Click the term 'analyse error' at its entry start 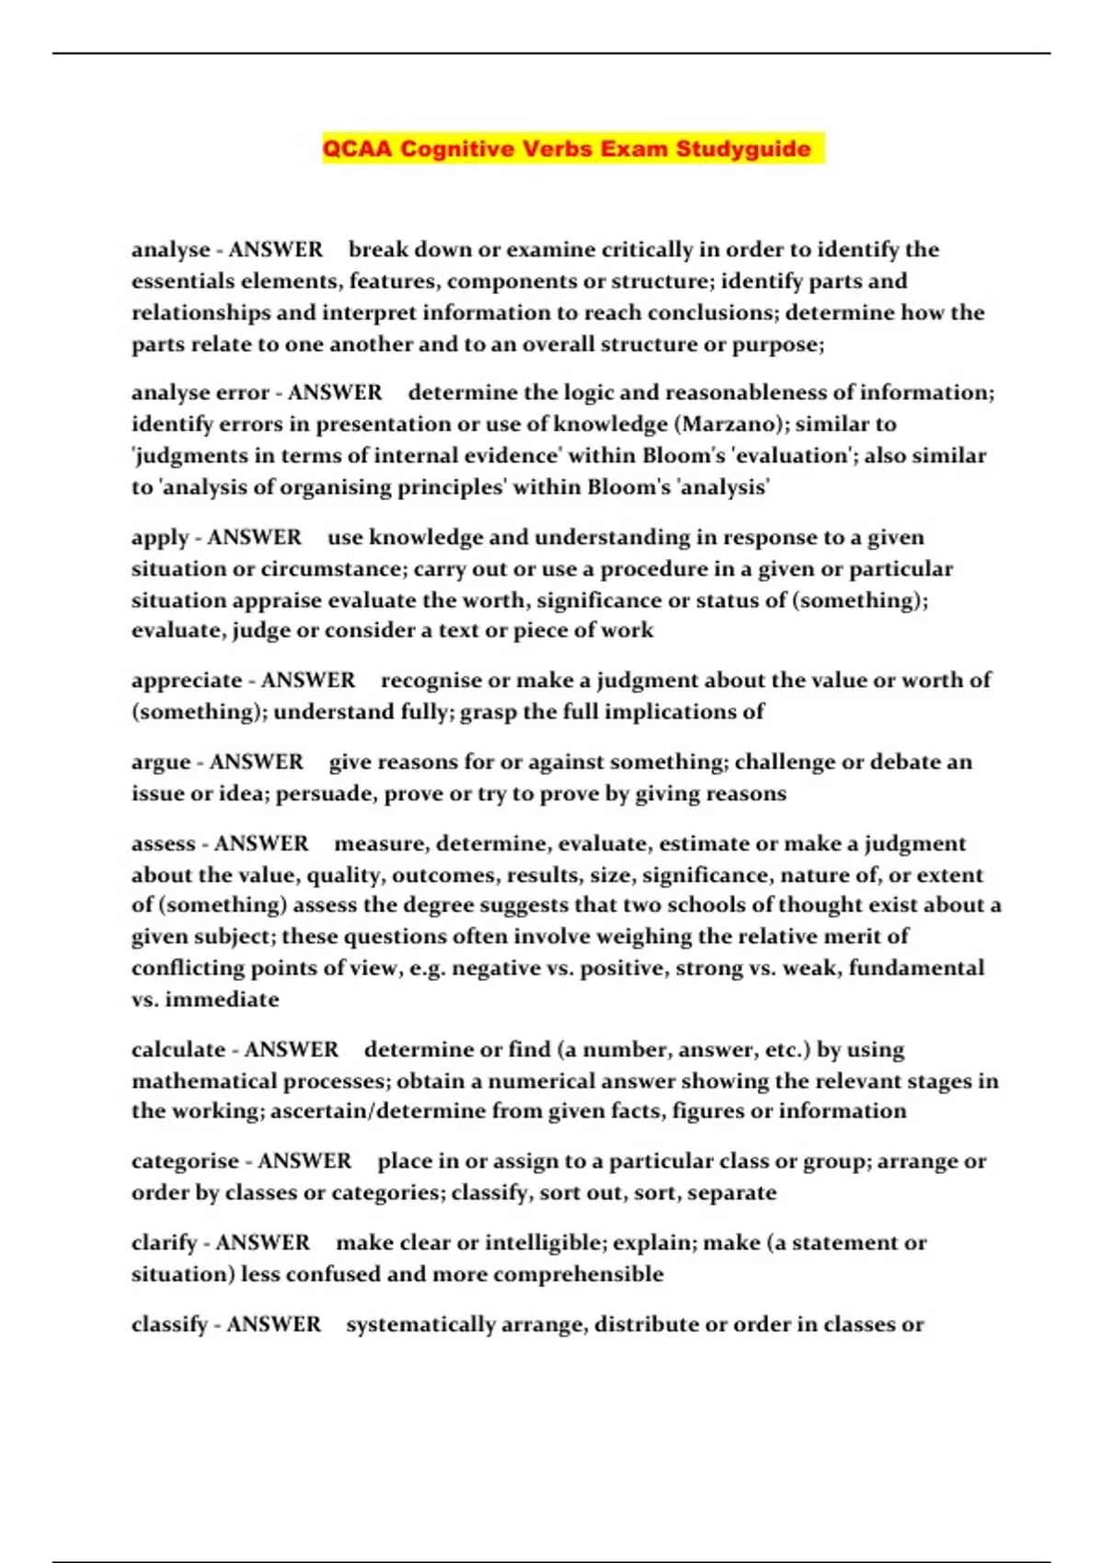tap(200, 393)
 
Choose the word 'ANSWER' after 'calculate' tap(292, 1050)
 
